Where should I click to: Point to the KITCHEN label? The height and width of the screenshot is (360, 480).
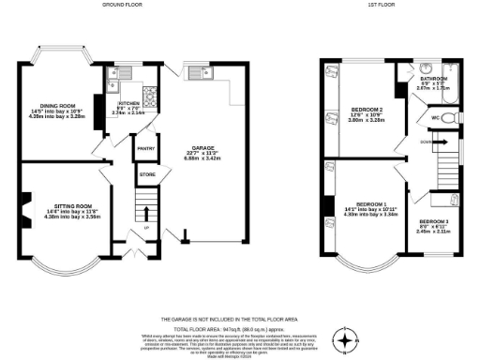point(128,105)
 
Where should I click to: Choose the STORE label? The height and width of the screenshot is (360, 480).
point(146,173)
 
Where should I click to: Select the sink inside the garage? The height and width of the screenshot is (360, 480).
point(199,74)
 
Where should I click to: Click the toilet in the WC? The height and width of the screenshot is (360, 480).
point(448,117)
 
